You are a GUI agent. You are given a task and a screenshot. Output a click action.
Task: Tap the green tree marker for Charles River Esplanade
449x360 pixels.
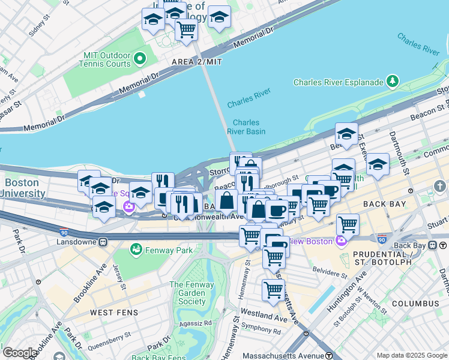393,80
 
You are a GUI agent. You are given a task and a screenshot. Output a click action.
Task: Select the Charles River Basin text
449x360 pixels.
246,127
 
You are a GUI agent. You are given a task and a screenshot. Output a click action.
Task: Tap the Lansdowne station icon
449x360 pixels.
103,242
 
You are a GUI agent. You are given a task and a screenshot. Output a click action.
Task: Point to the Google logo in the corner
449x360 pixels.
20,353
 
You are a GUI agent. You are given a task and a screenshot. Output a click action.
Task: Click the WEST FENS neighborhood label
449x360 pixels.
113,313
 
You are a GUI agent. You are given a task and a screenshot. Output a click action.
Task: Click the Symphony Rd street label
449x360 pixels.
260,331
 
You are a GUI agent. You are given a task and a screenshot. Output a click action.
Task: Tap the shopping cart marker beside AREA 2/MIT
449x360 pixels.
187,28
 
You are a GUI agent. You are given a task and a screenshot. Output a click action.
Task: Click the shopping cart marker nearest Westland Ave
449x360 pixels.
273,290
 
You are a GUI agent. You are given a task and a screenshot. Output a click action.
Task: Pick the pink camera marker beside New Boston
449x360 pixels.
342,241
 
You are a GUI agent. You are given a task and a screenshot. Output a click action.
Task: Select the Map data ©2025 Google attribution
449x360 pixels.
411,355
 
